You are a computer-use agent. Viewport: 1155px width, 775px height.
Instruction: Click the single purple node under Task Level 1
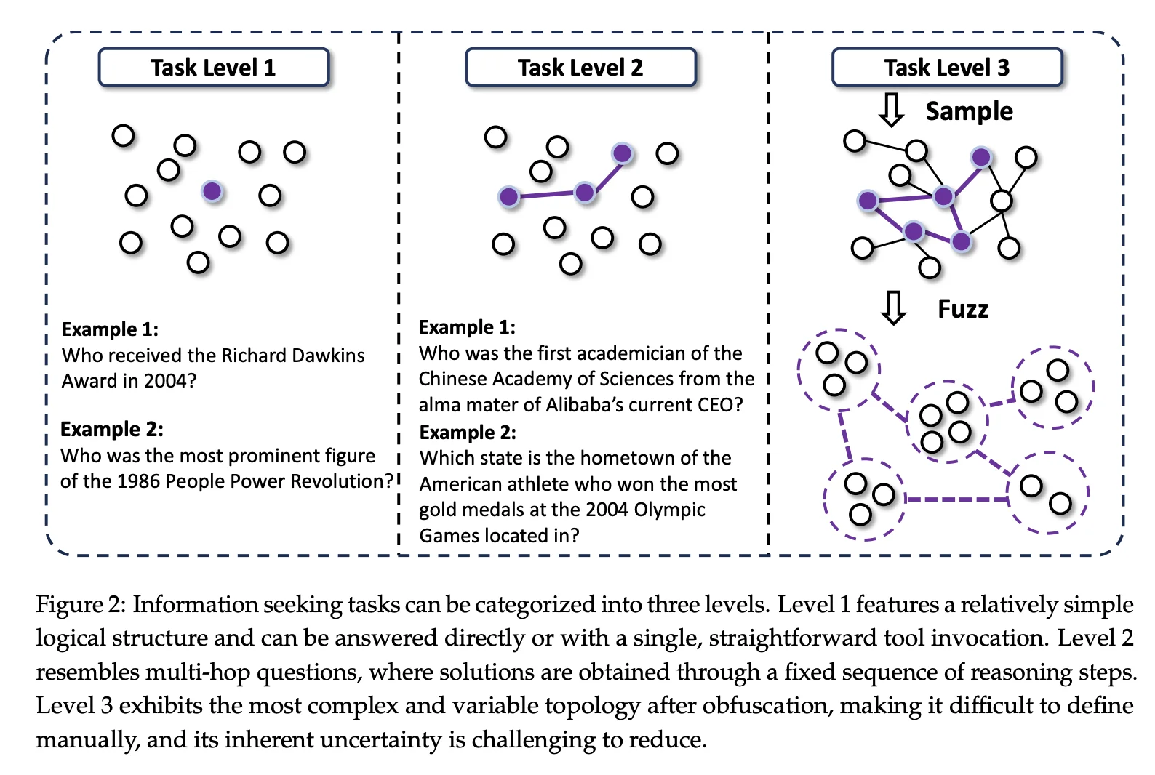point(212,191)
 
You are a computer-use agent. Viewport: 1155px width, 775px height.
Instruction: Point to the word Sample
point(970,111)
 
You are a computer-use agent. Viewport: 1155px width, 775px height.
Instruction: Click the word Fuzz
point(963,309)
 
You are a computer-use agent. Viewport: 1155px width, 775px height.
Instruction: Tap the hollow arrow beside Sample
point(891,110)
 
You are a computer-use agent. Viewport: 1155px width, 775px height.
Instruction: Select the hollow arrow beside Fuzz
point(894,308)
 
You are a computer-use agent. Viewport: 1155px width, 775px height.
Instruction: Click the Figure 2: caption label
point(81,605)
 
